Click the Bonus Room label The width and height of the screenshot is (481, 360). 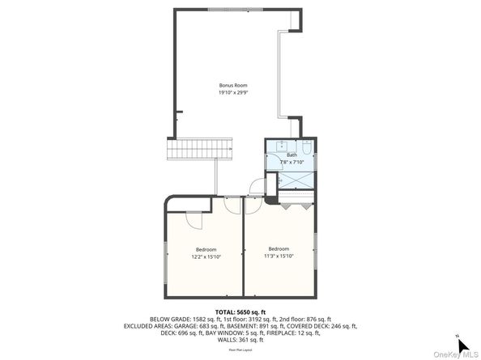(232, 85)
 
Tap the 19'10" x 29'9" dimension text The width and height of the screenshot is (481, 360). (232, 92)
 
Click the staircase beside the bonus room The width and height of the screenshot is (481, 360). (199, 150)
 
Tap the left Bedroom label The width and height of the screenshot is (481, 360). (206, 249)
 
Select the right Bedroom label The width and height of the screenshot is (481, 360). (279, 248)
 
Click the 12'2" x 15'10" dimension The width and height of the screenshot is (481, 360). (206, 256)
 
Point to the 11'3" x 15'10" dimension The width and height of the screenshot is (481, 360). (279, 256)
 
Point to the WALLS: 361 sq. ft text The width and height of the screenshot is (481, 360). (240, 339)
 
